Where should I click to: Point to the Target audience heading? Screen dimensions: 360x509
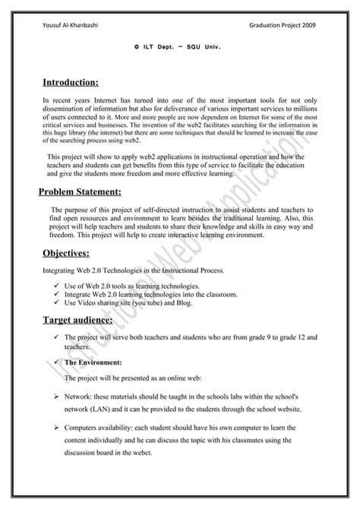tap(80, 321)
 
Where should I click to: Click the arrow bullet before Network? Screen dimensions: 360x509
tap(57, 397)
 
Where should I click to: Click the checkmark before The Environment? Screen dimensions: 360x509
tap(57, 362)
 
